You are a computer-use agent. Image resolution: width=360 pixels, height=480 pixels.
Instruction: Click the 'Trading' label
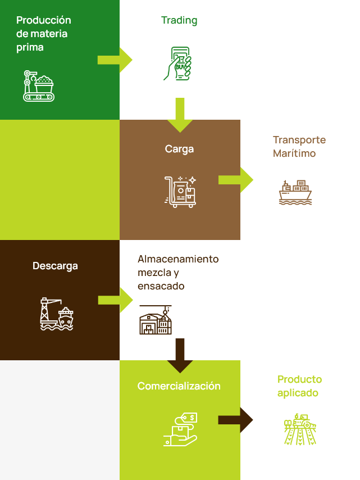(x=179, y=21)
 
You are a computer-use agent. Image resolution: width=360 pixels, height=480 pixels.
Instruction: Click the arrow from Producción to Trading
(x=115, y=60)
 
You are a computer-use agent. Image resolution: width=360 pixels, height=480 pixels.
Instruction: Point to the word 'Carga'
(x=179, y=149)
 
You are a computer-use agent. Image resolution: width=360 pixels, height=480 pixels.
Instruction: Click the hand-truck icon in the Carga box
(x=180, y=192)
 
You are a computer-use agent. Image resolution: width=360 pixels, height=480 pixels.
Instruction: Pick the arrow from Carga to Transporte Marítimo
(x=235, y=180)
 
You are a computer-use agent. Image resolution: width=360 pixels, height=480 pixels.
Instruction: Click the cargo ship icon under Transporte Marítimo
(x=295, y=192)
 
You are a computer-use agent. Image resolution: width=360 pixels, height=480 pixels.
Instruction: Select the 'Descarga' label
(x=55, y=266)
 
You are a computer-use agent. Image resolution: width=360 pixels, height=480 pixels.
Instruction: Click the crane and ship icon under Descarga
(x=57, y=314)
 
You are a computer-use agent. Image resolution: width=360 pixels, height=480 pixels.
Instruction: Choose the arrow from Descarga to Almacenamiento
(x=115, y=300)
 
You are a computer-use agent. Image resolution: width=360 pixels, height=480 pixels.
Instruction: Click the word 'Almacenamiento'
(x=178, y=259)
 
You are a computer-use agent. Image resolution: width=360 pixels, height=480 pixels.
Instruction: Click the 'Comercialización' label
(x=179, y=386)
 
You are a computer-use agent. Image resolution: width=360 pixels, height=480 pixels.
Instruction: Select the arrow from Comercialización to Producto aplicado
(x=235, y=420)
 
